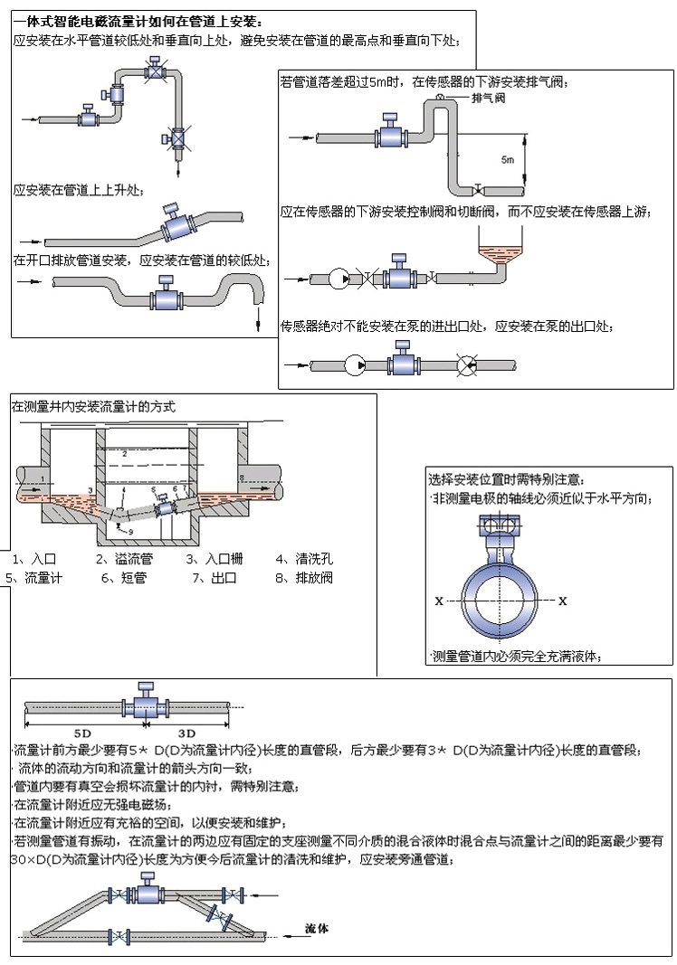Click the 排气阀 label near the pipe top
tap(488, 99)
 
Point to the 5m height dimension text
tap(508, 159)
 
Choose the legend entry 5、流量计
tap(32, 577)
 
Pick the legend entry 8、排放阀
tap(303, 577)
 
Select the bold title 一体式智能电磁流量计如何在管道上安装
tap(135, 21)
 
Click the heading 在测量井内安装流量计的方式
tap(93, 407)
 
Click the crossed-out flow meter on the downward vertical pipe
tap(177, 138)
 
